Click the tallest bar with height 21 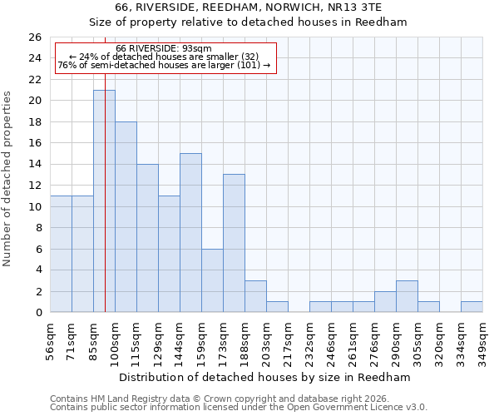click(x=104, y=201)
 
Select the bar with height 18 click(x=126, y=217)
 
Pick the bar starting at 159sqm click(x=212, y=280)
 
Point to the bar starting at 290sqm click(x=407, y=297)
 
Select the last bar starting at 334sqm click(x=472, y=307)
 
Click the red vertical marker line click(x=106, y=166)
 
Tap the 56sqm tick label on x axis click(x=51, y=341)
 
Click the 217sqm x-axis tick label click(x=289, y=341)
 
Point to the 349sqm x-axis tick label click(x=483, y=341)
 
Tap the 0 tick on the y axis click(x=37, y=313)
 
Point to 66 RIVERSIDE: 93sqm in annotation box click(x=164, y=48)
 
